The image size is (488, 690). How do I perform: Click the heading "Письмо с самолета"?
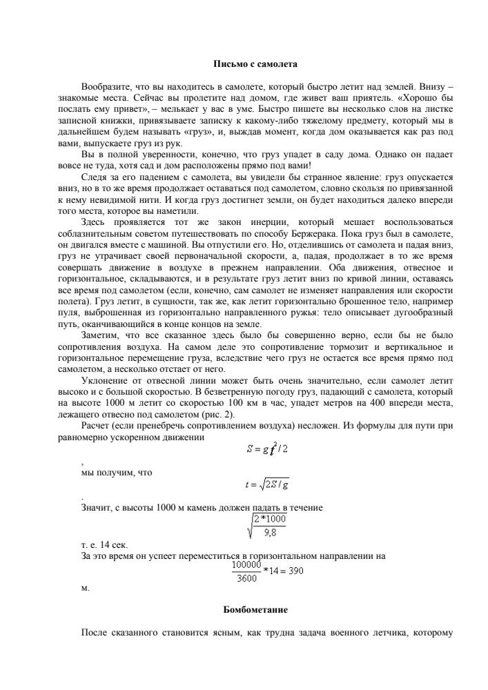(254, 64)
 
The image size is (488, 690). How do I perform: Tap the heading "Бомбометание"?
(254, 610)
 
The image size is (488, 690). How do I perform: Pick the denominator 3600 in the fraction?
(245, 578)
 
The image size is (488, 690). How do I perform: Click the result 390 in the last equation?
(293, 571)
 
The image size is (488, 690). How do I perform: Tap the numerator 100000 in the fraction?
(245, 564)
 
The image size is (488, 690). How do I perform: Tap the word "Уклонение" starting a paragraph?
(104, 381)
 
